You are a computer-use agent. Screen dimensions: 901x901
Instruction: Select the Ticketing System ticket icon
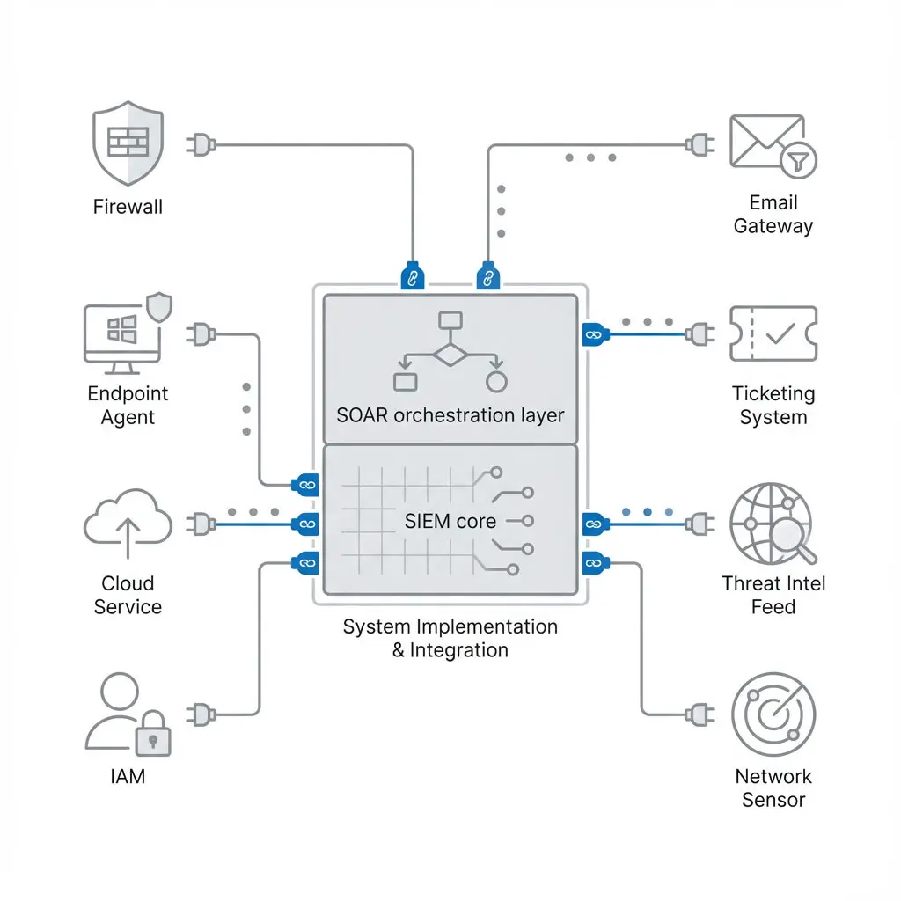(x=773, y=333)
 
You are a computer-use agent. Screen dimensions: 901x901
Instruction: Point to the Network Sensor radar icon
(x=773, y=714)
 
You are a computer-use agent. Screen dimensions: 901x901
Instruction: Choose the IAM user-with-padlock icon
(x=128, y=714)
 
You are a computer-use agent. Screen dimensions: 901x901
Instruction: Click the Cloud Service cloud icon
(x=128, y=525)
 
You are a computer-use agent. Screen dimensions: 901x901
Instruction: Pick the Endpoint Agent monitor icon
(x=124, y=332)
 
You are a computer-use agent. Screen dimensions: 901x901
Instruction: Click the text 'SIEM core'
(x=450, y=521)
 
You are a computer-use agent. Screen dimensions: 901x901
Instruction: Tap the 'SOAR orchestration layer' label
(x=450, y=414)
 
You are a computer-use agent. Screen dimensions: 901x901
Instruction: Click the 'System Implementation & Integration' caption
(x=450, y=639)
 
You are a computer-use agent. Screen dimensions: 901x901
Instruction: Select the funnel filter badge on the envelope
(x=799, y=161)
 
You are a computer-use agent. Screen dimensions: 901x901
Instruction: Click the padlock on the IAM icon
(x=154, y=735)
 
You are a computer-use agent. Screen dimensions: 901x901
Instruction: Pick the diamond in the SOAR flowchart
(x=450, y=355)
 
